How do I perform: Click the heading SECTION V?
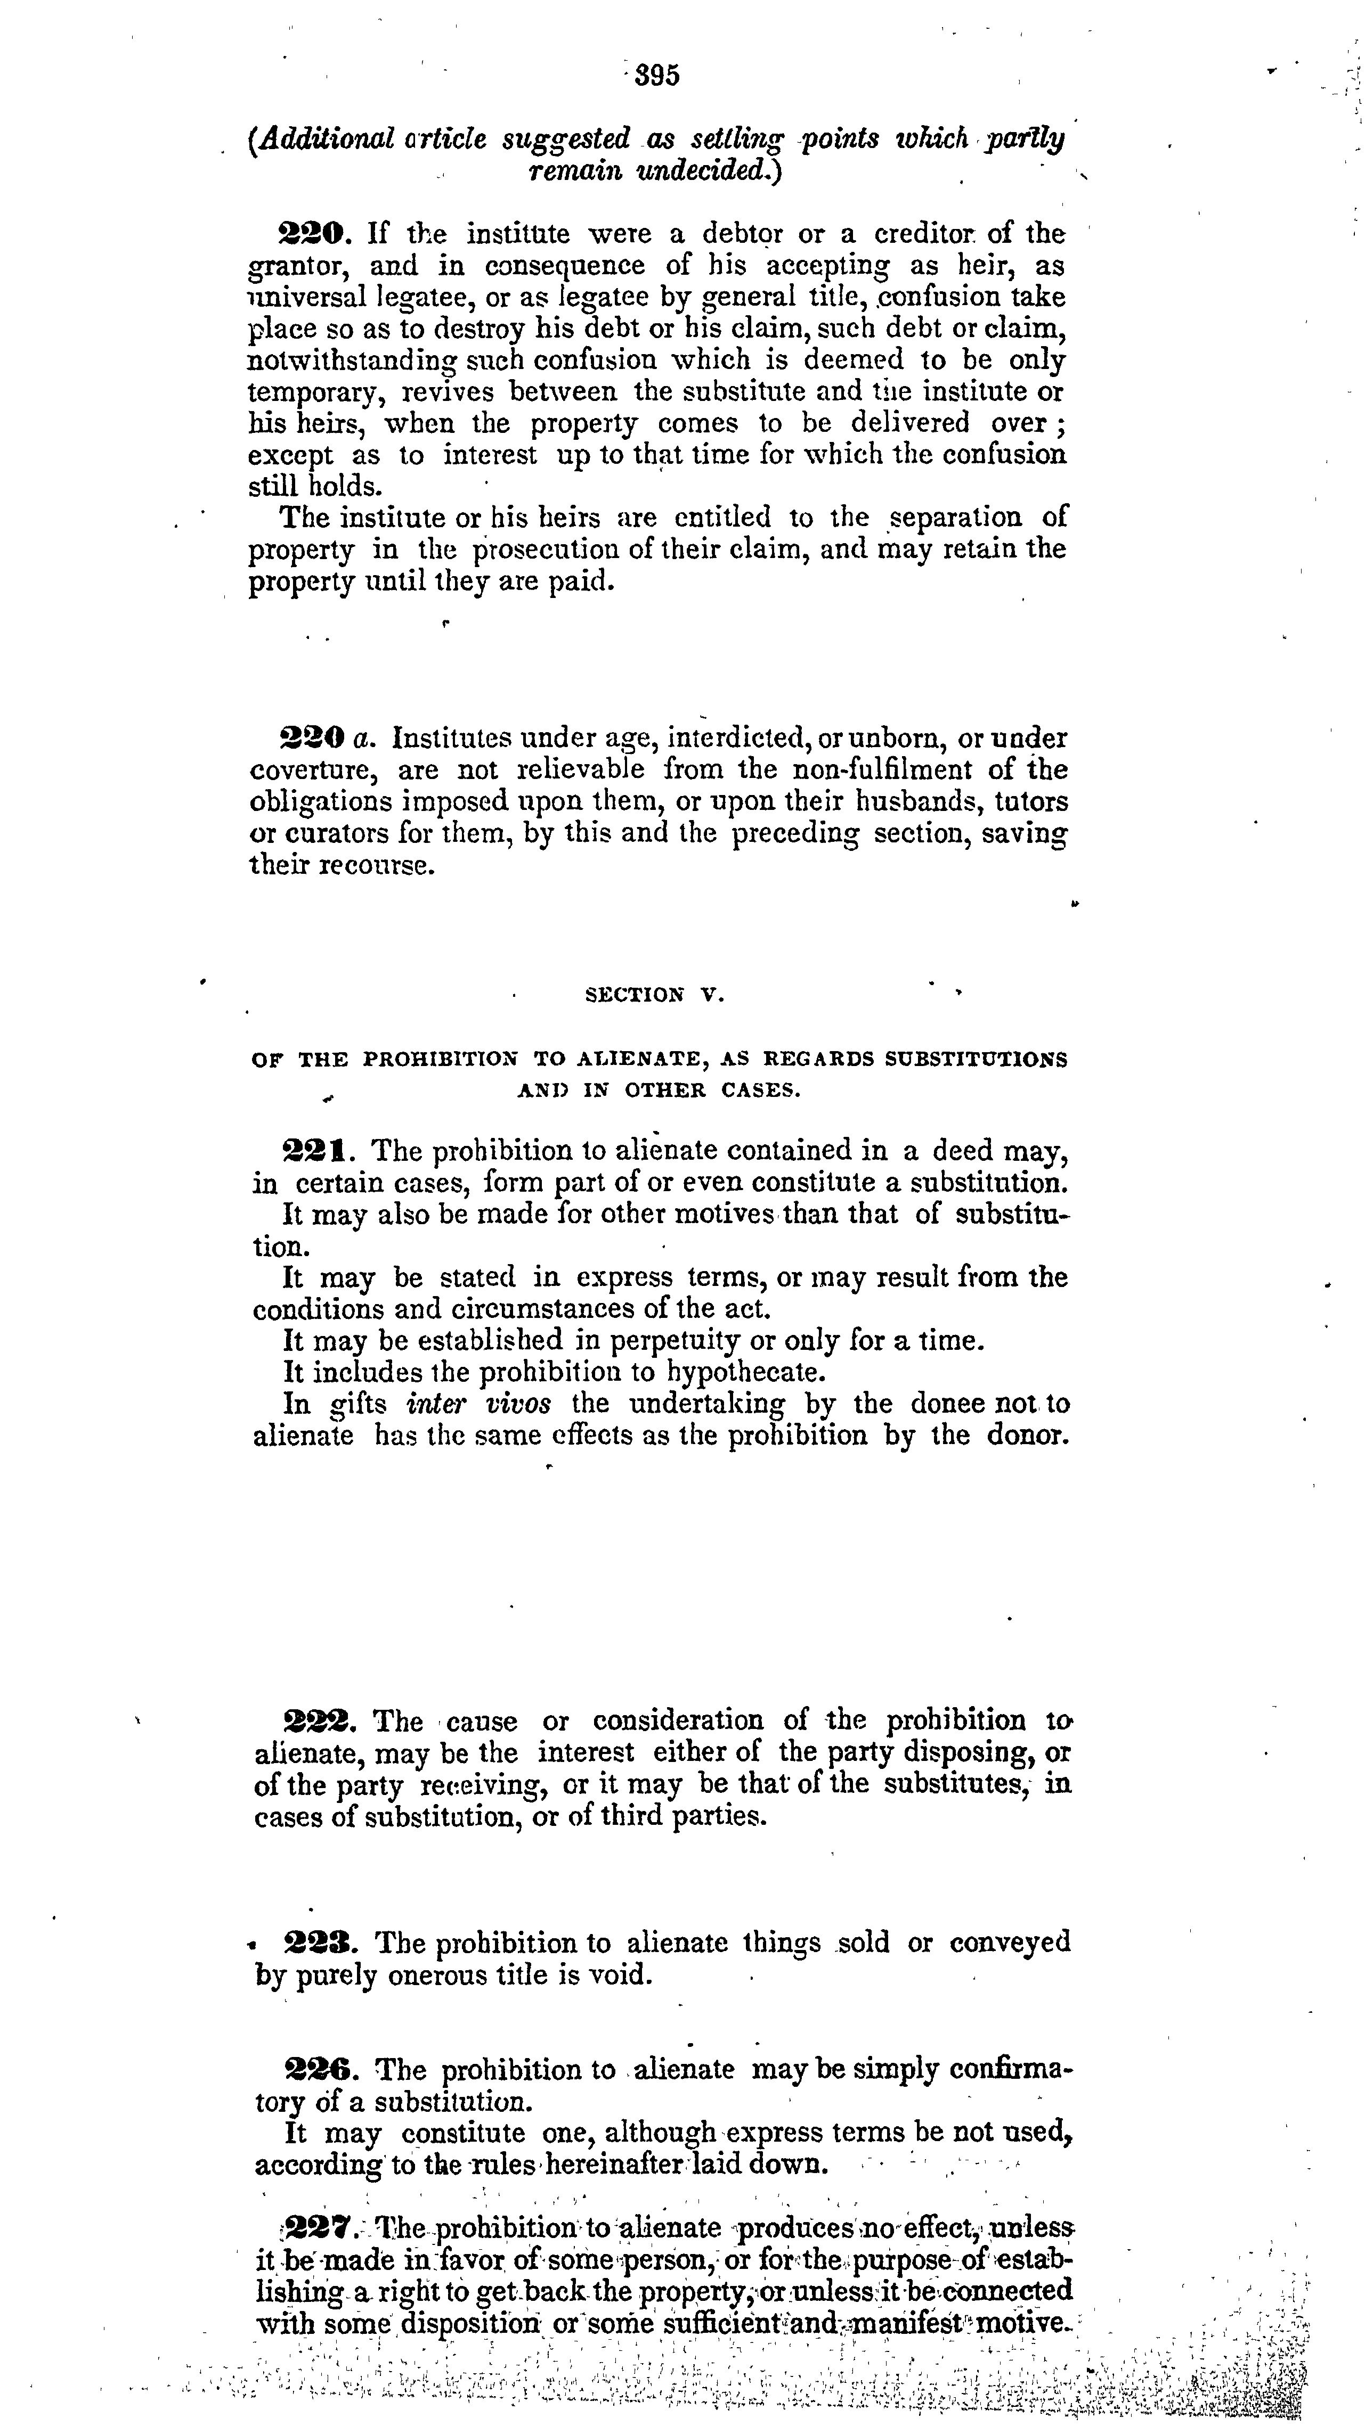point(655,995)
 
